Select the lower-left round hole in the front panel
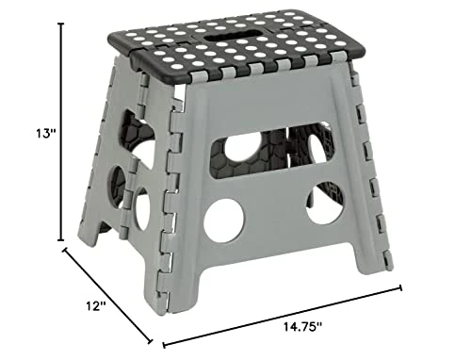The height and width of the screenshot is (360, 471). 223,220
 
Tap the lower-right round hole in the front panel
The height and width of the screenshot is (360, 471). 323,205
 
